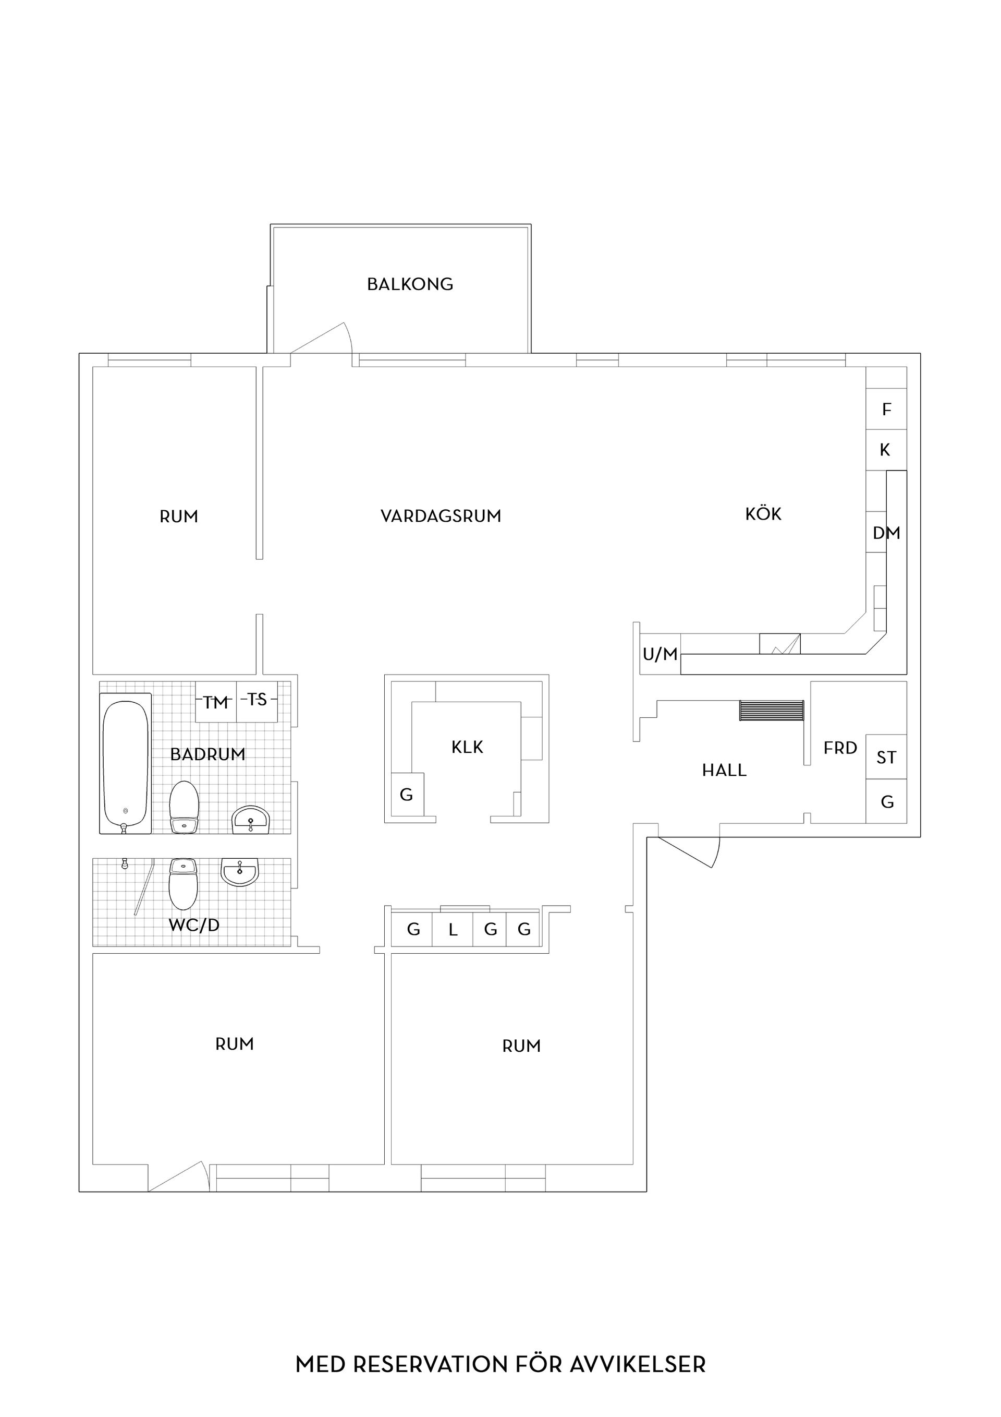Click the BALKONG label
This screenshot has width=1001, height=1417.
click(410, 284)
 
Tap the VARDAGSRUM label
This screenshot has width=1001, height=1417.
click(441, 516)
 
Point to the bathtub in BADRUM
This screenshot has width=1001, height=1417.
click(126, 763)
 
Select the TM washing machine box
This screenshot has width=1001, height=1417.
click(216, 702)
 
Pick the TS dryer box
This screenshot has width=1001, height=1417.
click(257, 702)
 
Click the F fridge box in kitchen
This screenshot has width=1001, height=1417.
click(886, 409)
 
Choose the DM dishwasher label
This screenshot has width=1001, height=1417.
click(886, 533)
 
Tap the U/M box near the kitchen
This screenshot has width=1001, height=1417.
click(660, 654)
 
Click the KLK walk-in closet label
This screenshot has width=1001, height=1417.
click(467, 748)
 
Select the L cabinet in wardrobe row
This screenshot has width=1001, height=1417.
click(453, 929)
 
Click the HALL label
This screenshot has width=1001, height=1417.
click(724, 770)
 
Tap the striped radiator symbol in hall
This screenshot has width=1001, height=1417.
click(772, 711)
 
